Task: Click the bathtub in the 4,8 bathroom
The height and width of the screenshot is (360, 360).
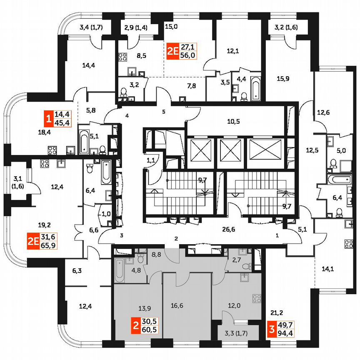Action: (x=120, y=270)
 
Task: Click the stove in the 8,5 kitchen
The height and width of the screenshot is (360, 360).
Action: (x=123, y=57)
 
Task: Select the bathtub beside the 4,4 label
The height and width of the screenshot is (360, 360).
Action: (x=255, y=88)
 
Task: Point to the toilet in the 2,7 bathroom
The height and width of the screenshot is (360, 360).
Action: (x=249, y=265)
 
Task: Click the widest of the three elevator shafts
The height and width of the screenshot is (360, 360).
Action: (x=264, y=148)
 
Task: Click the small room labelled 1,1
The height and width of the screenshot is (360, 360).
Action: (x=151, y=160)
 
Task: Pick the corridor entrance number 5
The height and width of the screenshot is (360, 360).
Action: (x=164, y=112)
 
